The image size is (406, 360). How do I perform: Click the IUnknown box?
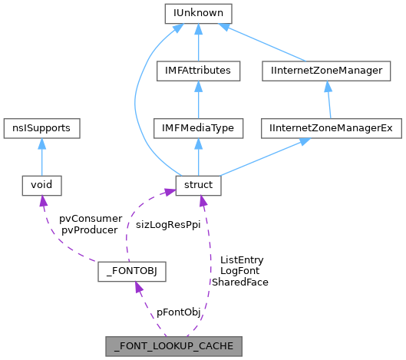coord(198,13)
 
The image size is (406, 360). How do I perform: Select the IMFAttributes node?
coord(198,71)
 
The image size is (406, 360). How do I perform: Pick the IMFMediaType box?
coord(198,128)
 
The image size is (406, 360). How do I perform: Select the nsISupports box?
coord(41,128)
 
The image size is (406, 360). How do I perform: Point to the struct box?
coord(198,185)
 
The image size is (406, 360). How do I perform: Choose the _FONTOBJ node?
coord(133,272)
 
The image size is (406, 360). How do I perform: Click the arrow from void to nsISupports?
coord(41,157)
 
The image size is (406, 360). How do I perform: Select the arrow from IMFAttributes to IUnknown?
coord(198,42)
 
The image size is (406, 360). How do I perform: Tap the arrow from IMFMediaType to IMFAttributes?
coord(198,100)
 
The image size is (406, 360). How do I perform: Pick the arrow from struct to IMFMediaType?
coord(198,157)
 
